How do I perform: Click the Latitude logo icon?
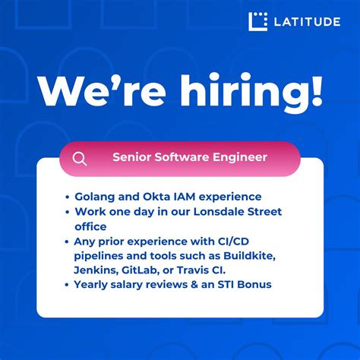(258, 21)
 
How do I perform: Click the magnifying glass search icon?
(80, 159)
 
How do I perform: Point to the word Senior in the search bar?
(132, 158)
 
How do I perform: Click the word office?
(91, 226)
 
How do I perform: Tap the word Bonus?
(254, 285)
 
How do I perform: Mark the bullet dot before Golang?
(68, 197)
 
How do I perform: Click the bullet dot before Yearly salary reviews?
(68, 285)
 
